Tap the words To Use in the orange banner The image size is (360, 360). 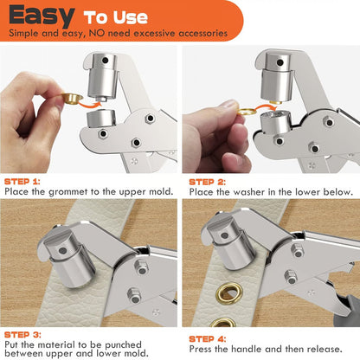coord(116,17)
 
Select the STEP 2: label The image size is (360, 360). coord(209,182)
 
